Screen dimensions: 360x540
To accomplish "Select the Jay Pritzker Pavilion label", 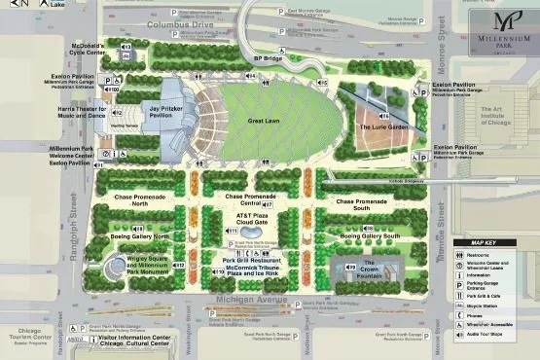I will (x=167, y=114).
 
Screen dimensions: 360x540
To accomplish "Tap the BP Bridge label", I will (x=269, y=58).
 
